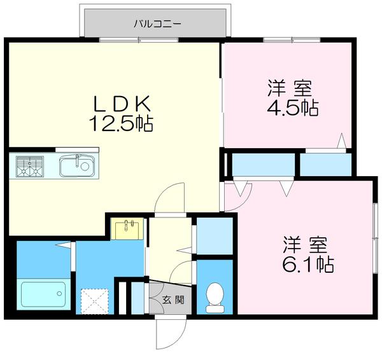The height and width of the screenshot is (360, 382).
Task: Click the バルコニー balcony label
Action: click(157, 24)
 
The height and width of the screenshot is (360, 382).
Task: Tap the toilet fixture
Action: click(215, 297)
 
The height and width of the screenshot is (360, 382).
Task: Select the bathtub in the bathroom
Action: click(43, 294)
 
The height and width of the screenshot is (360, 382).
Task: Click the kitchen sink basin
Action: click(77, 167)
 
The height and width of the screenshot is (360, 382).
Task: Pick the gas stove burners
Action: click(29, 167)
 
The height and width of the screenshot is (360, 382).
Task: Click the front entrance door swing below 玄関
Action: click(171, 331)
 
